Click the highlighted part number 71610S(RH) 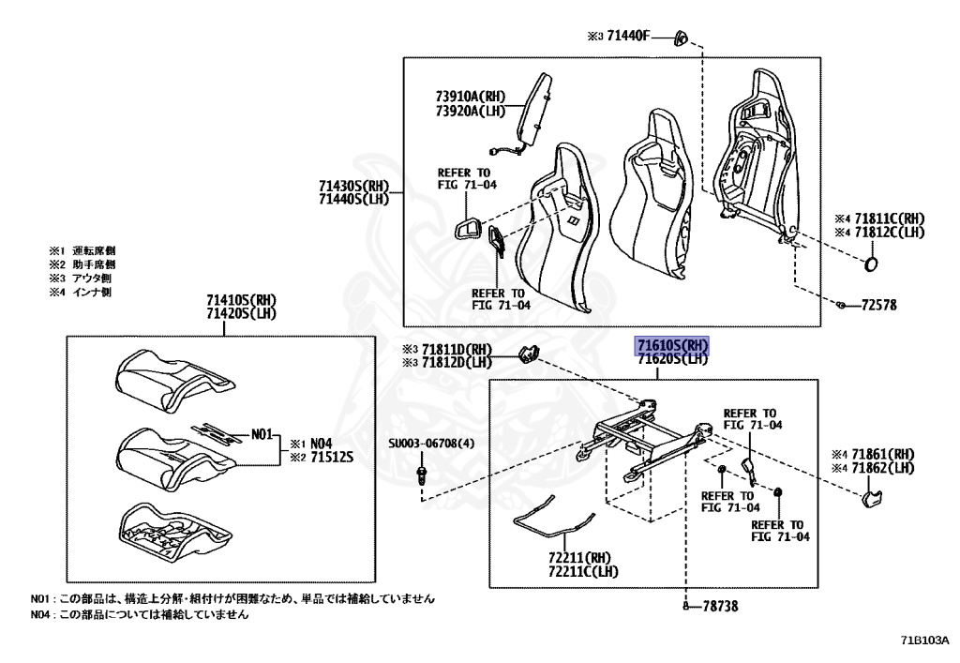673,344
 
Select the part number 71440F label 623,38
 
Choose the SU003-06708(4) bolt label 432,445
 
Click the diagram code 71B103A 924,641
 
